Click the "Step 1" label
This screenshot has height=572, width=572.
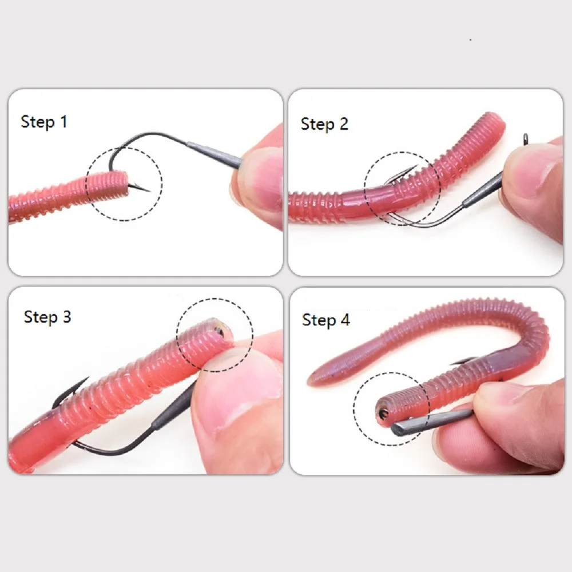pos(44,121)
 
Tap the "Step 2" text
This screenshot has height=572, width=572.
pos(324,124)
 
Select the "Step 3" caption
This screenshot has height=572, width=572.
pos(47,317)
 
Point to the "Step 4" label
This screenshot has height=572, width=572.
pos(325,320)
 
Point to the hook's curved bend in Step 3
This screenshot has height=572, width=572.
pos(97,448)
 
